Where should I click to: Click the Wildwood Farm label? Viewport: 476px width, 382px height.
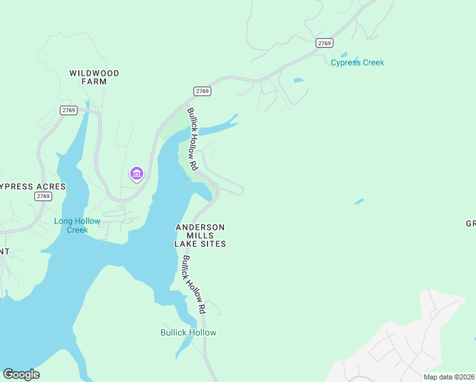pos(94,77)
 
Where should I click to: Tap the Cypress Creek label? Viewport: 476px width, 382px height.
pos(357,62)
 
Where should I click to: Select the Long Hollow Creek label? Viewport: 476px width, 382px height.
pos(77,225)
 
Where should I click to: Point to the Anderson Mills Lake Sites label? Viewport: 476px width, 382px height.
pos(200,235)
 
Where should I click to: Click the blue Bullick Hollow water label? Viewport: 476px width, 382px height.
pos(188,332)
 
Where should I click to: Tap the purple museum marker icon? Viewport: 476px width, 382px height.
pos(136,173)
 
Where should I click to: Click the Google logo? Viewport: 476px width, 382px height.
pos(21,374)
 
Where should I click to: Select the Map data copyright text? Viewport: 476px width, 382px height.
pos(449,377)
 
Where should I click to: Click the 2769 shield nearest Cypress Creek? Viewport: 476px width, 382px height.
pos(324,43)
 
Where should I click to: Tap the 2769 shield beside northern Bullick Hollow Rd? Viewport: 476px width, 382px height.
pos(202,91)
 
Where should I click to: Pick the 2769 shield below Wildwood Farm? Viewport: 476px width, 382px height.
pos(69,110)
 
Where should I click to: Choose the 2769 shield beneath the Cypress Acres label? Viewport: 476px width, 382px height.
pos(43,196)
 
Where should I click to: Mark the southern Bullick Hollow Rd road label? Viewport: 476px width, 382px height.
pos(193,284)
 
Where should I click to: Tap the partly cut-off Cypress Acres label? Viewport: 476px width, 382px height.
pos(32,187)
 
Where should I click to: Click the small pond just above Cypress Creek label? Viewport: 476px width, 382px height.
pos(344,55)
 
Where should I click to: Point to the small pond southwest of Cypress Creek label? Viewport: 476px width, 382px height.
pos(298,80)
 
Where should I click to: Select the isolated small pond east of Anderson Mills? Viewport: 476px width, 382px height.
pos(360,202)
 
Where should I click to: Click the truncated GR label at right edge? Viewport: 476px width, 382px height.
pos(470,223)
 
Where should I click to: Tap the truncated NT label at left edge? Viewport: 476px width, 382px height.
pos(4,251)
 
